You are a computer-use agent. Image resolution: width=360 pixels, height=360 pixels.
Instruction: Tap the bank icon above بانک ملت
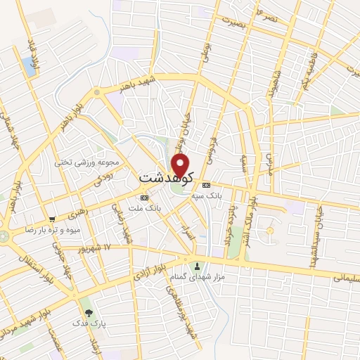(144, 198)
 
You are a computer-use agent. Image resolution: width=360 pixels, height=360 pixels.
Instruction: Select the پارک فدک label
(88, 324)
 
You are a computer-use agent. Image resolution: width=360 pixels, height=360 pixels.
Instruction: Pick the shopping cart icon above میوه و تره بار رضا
(52, 219)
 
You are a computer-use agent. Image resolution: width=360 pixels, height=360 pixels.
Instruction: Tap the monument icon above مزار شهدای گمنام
(197, 266)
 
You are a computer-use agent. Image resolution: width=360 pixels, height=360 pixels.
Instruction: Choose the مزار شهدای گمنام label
(197, 276)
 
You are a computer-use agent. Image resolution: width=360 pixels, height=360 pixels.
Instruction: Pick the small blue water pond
(30, 66)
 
